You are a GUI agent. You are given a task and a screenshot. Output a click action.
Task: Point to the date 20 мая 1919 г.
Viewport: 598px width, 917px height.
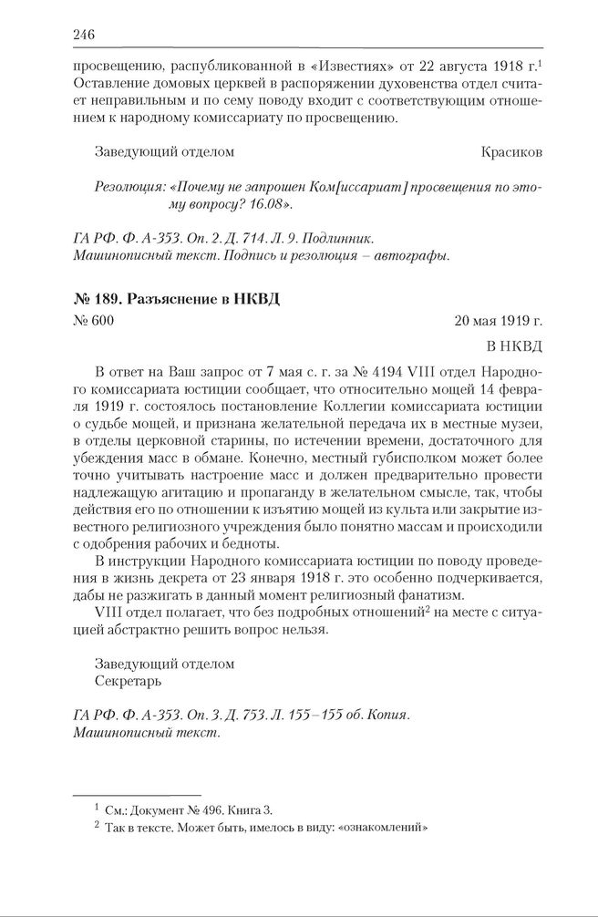click(499, 321)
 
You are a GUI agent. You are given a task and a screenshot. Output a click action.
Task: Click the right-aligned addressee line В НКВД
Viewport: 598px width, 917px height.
click(515, 345)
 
